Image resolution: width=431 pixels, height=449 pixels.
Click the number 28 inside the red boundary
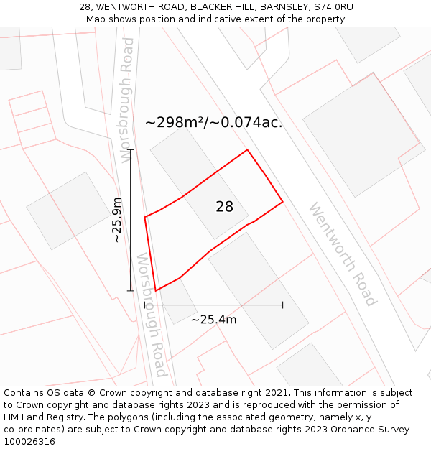(x=224, y=207)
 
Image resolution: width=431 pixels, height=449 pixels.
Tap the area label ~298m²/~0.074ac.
(x=213, y=123)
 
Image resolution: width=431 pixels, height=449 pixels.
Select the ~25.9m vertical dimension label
(x=117, y=220)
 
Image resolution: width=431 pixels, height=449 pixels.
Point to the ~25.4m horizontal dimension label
(x=213, y=320)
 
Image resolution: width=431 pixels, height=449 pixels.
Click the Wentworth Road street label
(x=343, y=254)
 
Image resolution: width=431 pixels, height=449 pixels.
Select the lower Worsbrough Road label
(x=152, y=314)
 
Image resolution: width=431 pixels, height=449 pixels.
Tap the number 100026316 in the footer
(x=28, y=442)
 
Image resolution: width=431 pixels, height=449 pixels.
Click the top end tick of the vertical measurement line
(x=130, y=150)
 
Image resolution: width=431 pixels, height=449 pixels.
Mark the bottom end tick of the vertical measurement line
(x=130, y=291)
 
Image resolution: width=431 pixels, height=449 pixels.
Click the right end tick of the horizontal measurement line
(x=282, y=305)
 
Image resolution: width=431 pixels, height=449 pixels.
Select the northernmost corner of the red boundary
(x=247, y=150)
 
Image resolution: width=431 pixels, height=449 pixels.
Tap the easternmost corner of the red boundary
(x=282, y=202)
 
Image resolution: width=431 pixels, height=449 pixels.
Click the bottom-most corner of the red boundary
(x=156, y=291)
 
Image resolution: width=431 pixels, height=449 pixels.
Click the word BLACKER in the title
(x=210, y=7)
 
